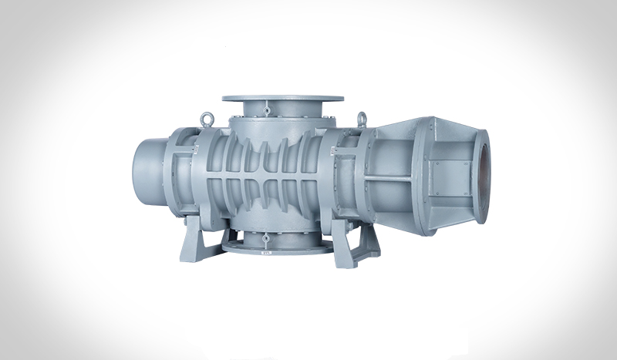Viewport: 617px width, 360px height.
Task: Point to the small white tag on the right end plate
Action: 339,208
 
